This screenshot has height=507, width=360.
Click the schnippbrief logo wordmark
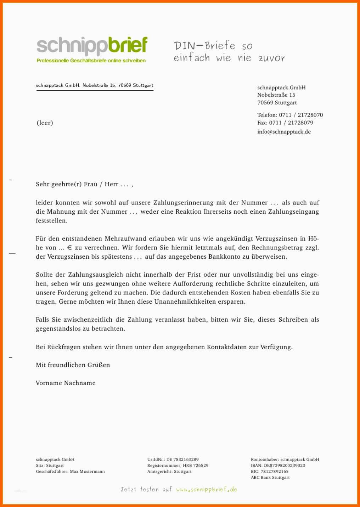[x=92, y=46]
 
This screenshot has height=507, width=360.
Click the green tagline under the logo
[x=91, y=61]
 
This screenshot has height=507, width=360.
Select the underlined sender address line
[x=95, y=85]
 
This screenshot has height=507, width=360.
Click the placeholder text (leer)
[x=45, y=123]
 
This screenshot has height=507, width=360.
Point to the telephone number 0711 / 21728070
[x=301, y=115]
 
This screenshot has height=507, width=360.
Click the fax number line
[x=285, y=123]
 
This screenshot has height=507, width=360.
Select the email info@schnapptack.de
[x=284, y=132]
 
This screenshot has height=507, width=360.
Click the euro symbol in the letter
[x=69, y=248]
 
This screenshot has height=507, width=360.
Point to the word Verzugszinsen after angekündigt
[x=277, y=239]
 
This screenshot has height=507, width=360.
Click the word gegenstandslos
[x=58, y=329]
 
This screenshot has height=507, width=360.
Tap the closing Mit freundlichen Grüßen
[x=73, y=365]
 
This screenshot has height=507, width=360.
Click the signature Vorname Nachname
[x=66, y=383]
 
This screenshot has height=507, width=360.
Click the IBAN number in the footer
[x=284, y=466]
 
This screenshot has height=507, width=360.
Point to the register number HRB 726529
[x=195, y=466]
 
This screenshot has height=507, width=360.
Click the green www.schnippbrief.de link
[x=207, y=490]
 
